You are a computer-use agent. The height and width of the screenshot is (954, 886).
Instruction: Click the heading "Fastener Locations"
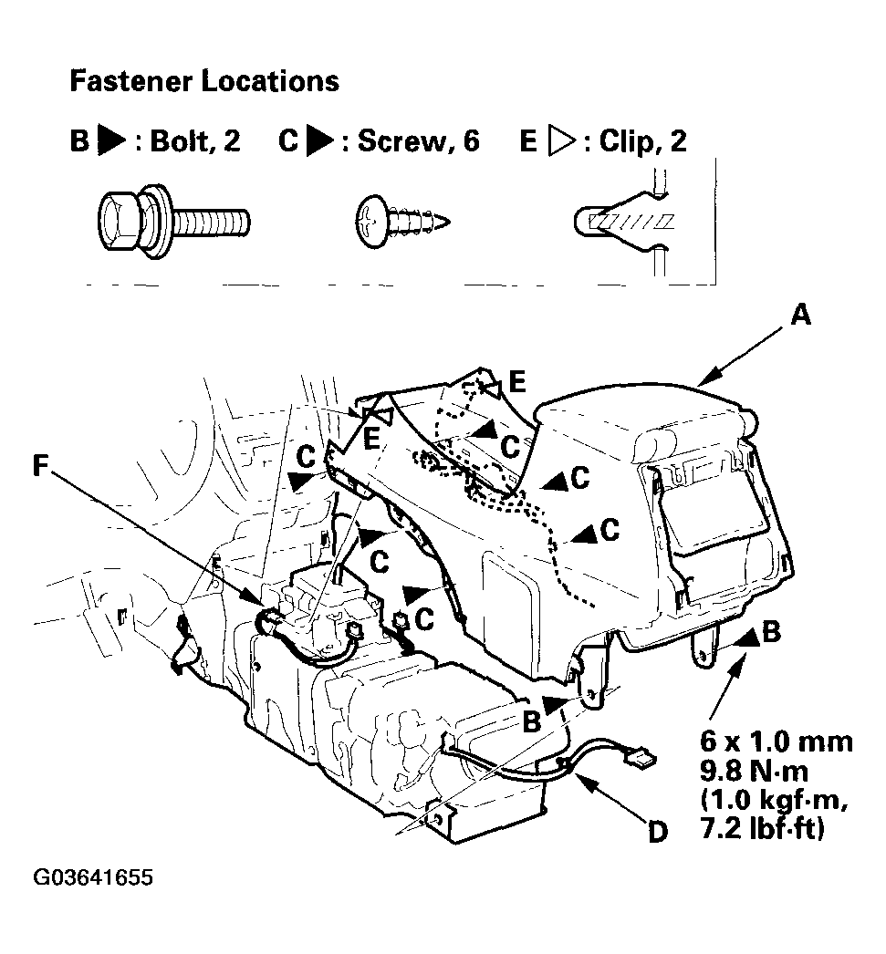[204, 81]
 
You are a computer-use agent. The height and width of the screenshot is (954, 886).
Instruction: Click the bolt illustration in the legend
[174, 220]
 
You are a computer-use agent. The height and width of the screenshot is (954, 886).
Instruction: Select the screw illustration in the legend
[402, 222]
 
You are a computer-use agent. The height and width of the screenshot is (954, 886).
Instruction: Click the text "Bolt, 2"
[194, 140]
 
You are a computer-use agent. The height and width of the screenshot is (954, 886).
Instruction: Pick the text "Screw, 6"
[419, 140]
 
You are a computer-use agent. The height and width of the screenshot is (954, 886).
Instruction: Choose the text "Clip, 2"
[642, 140]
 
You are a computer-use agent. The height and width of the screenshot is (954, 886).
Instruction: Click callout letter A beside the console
[800, 316]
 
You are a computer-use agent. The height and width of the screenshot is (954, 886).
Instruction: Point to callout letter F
[40, 465]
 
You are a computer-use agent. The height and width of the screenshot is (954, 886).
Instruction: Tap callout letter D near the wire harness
[658, 832]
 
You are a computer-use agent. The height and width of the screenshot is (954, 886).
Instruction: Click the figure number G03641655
[93, 877]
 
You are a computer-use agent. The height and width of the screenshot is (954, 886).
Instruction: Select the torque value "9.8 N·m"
[754, 772]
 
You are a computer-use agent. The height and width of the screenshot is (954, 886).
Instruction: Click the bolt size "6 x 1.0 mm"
[776, 741]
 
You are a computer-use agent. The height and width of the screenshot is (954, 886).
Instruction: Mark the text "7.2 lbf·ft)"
[763, 828]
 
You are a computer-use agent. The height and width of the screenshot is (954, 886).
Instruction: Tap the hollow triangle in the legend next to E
[561, 140]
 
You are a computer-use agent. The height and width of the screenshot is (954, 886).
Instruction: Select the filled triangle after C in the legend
[320, 140]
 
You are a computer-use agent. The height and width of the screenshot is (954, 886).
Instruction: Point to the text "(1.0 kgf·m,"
[774, 800]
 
